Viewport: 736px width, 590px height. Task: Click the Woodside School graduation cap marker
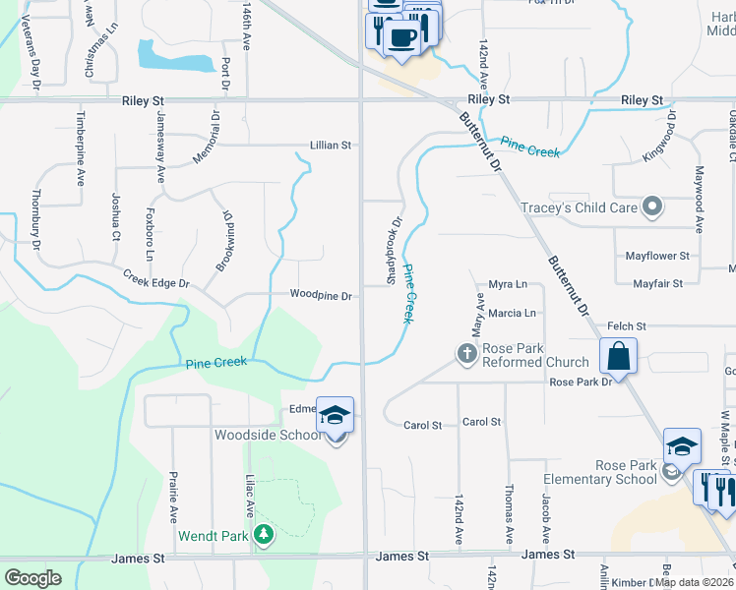pos(335,416)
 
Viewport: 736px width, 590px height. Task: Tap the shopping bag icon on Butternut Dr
pos(618,357)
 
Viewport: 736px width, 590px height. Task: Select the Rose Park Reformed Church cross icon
pos(466,352)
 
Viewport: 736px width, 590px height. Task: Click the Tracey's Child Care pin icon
pos(650,206)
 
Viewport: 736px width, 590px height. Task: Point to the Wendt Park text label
pos(214,537)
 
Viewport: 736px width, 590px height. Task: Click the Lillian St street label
pos(331,145)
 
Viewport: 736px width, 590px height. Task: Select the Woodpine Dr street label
pos(321,295)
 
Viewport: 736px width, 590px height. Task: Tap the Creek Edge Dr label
pos(155,279)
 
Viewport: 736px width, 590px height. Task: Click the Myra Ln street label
pos(508,284)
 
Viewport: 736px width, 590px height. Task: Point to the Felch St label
pos(627,325)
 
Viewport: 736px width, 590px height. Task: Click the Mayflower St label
pos(657,256)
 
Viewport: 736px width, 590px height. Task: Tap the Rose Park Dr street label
pos(581,382)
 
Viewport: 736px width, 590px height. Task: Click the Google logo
pos(32,578)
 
